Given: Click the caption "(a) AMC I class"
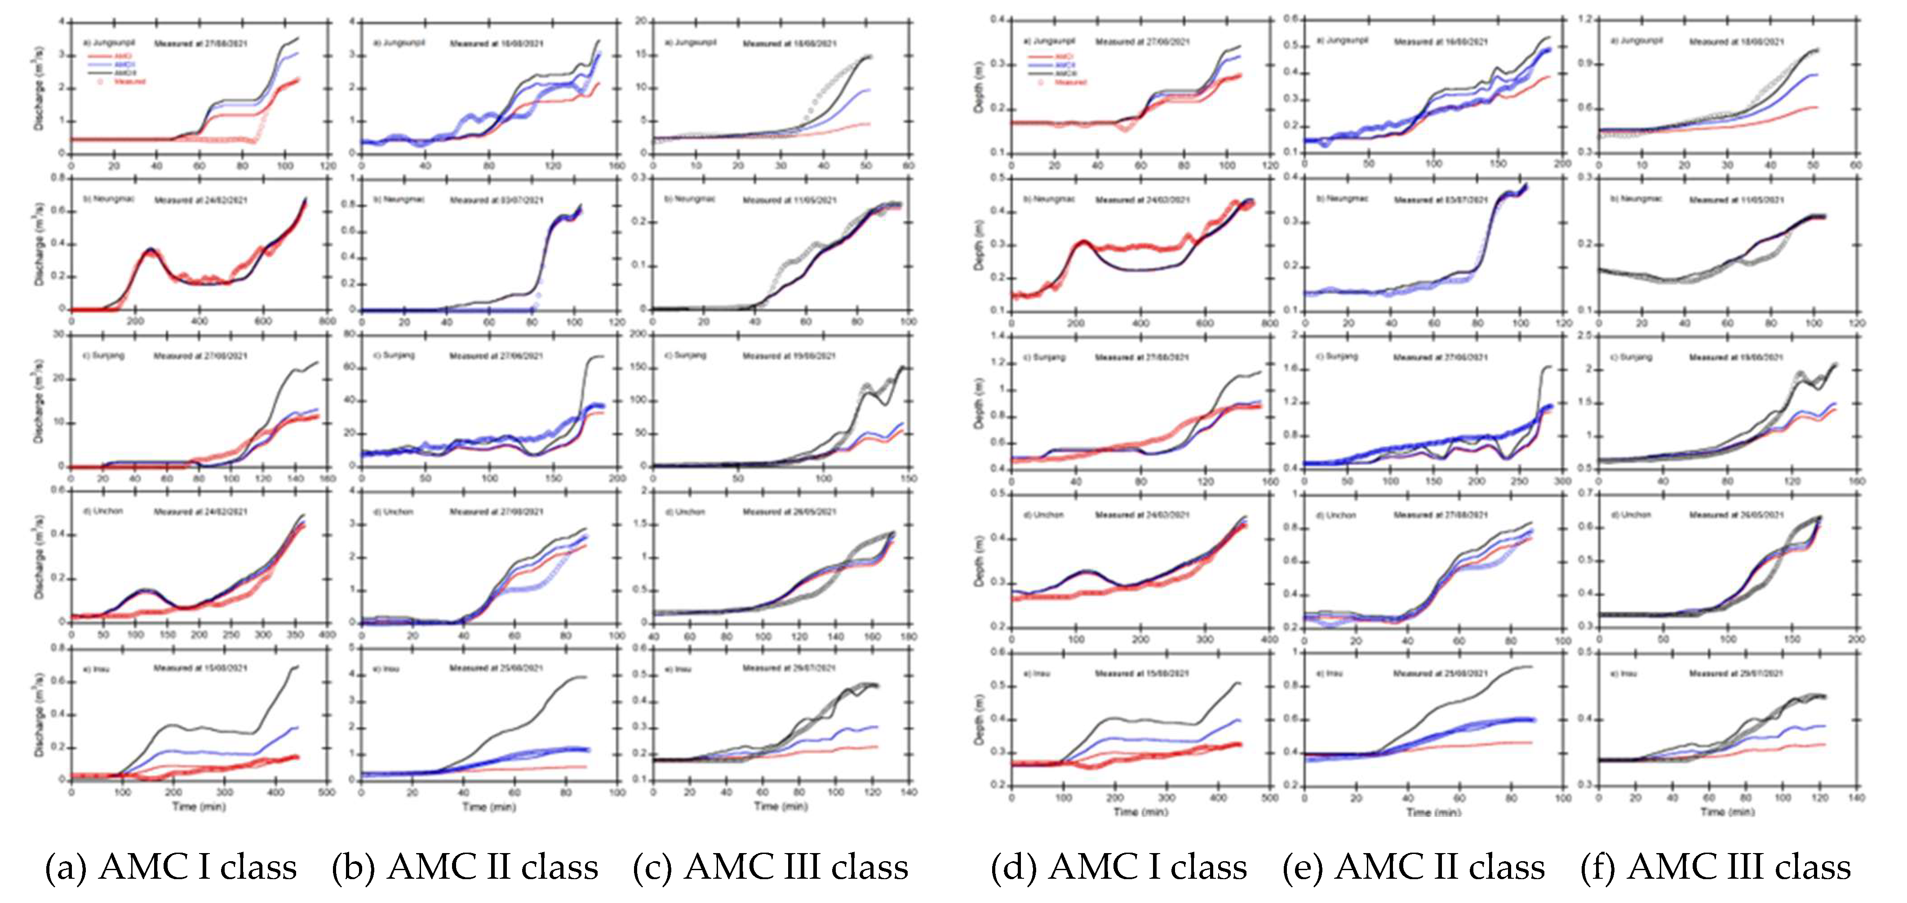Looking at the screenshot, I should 171,867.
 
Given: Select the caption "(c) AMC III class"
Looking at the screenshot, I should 770,867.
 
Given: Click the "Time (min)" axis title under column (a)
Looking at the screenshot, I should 199,807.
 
